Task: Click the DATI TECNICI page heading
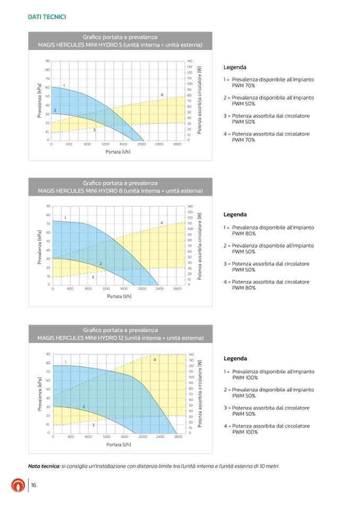pos(47,17)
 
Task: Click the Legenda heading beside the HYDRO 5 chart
pos(235,68)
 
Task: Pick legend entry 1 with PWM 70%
pos(269,82)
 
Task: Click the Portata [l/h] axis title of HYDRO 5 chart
pos(118,152)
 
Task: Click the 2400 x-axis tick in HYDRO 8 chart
pos(160,289)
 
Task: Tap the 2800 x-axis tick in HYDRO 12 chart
pos(178,436)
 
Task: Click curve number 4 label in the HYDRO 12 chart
pos(155,360)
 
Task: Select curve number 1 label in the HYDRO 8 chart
pos(65,218)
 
